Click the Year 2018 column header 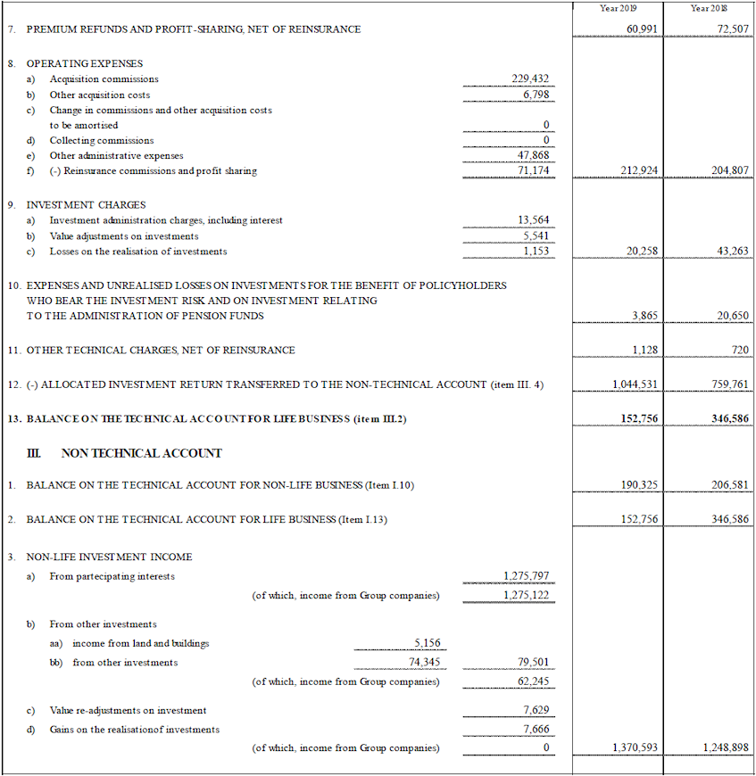[x=709, y=8]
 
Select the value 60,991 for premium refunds [x=642, y=29]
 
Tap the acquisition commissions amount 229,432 [x=533, y=79]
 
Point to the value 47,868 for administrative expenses [x=536, y=155]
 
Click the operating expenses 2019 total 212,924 [x=637, y=170]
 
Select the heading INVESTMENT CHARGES [x=86, y=205]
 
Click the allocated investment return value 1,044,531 [x=636, y=384]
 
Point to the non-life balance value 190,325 [x=637, y=485]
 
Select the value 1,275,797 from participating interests [x=527, y=576]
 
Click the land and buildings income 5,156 [x=428, y=643]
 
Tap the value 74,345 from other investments [x=425, y=663]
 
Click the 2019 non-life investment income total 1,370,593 [x=636, y=747]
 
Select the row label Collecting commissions [x=102, y=140]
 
